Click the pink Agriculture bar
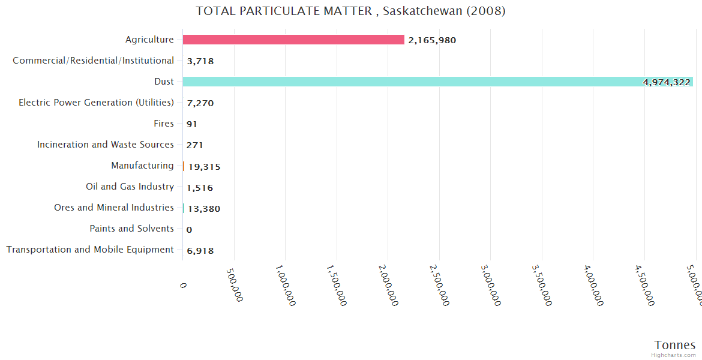click(x=293, y=40)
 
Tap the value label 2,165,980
click(x=432, y=40)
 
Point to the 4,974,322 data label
click(x=667, y=82)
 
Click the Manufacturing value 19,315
click(x=204, y=167)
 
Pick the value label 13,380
click(x=204, y=209)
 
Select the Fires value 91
click(x=192, y=124)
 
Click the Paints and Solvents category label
click(x=131, y=229)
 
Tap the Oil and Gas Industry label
click(x=130, y=187)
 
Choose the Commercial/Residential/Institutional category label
click(x=93, y=61)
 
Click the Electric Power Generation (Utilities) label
click(x=96, y=103)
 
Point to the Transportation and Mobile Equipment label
click(x=90, y=250)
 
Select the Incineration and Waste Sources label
click(x=105, y=145)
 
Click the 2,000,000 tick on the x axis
click(x=389, y=286)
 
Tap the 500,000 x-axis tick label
click(x=235, y=284)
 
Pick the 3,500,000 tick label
click(x=542, y=286)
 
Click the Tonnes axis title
click(x=674, y=345)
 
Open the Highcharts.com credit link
click(x=673, y=355)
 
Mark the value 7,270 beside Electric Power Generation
click(x=200, y=103)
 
